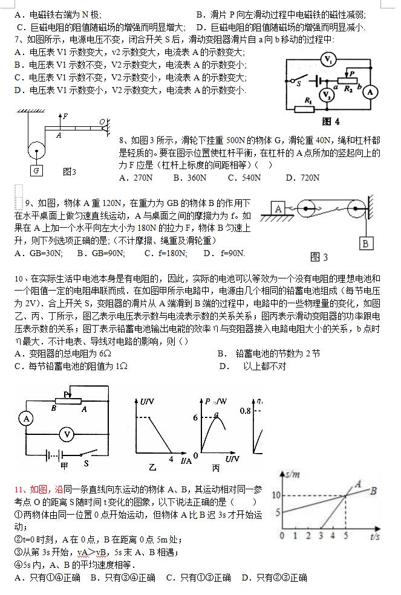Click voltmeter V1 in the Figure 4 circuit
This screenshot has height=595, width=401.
coord(328,60)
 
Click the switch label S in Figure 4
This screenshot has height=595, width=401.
coord(298,84)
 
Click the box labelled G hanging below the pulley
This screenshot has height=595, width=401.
coord(37,171)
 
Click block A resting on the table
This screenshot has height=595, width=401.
coord(279,208)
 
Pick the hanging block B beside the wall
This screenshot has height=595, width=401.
coord(365,243)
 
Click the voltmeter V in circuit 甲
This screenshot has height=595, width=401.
coord(68,434)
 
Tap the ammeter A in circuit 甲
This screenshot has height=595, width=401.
coord(25,418)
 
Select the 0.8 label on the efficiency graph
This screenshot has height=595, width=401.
coord(246,411)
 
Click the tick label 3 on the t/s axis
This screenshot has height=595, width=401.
coord(321,535)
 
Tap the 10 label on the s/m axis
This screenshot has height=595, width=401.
coord(275,495)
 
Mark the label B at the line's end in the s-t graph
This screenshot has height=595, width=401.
coord(374,490)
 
